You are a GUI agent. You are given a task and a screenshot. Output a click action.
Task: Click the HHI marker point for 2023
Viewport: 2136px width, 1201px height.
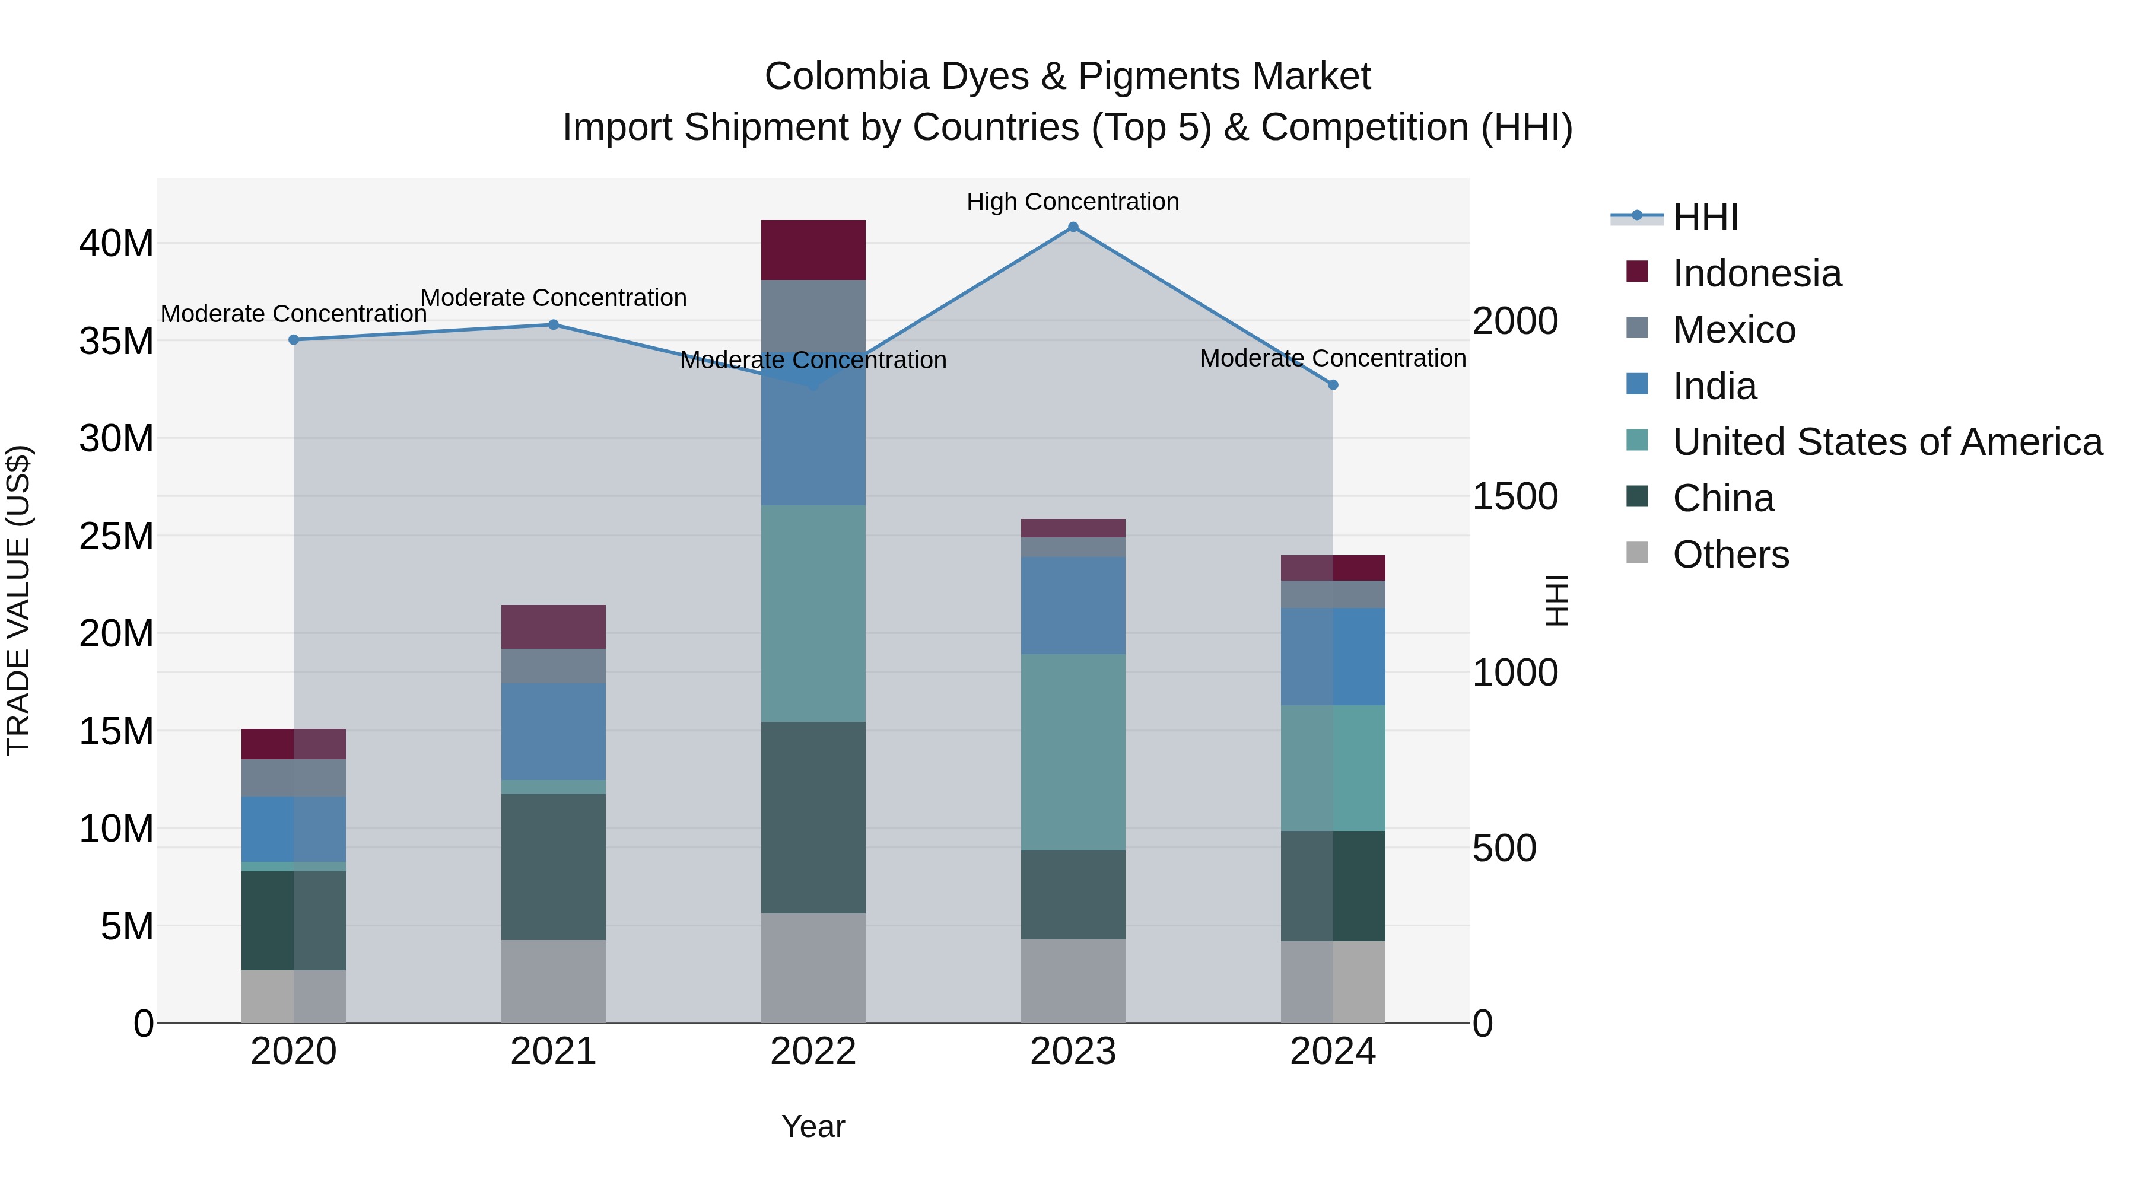[x=1072, y=227]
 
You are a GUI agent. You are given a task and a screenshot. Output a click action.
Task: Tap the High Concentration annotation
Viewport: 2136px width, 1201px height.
[x=1072, y=202]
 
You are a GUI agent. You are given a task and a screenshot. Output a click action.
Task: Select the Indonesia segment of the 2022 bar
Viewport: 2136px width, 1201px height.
[x=813, y=250]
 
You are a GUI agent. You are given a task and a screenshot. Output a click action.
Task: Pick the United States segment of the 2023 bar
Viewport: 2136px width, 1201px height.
[x=1072, y=752]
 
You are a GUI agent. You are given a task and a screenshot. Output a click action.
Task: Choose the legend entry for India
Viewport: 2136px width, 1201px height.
[x=1714, y=386]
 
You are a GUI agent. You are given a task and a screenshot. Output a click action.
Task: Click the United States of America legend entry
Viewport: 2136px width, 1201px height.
[x=1886, y=442]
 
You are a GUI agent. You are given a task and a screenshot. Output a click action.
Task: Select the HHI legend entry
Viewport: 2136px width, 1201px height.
[x=1704, y=217]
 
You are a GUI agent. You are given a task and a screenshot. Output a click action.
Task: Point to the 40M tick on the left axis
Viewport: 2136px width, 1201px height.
[x=116, y=244]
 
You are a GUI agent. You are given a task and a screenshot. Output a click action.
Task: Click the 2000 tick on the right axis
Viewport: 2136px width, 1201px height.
[x=1515, y=321]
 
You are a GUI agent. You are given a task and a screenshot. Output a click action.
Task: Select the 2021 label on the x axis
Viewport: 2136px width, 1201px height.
[x=553, y=1052]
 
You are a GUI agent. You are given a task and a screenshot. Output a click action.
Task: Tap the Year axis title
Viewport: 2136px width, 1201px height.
[x=813, y=1126]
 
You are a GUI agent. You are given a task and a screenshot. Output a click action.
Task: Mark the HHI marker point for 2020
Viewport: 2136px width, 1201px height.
[x=294, y=340]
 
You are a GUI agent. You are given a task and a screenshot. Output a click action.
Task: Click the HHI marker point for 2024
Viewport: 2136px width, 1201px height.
[x=1333, y=384]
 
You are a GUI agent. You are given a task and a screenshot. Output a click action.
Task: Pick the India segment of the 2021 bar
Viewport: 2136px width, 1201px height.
[x=553, y=731]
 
